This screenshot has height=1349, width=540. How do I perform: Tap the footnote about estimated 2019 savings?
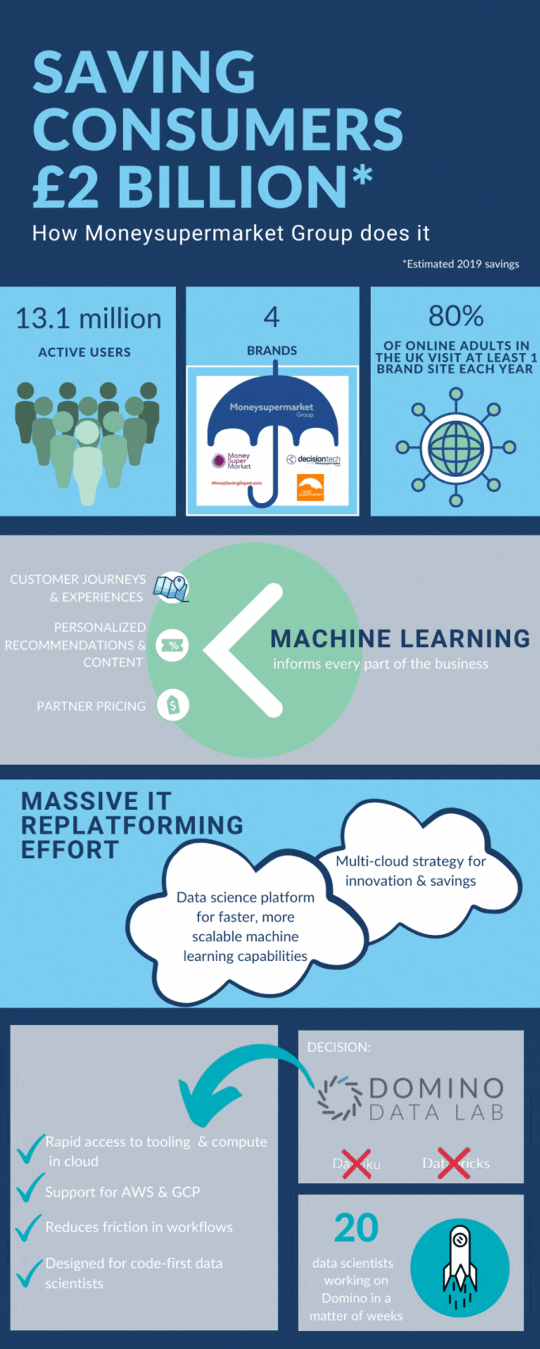(460, 264)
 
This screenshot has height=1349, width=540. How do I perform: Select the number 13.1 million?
(88, 319)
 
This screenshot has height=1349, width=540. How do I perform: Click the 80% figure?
(455, 316)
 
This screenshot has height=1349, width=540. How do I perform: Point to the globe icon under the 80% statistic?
(455, 447)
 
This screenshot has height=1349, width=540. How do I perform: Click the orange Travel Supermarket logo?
(310, 487)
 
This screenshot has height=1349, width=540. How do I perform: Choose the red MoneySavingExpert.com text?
(236, 483)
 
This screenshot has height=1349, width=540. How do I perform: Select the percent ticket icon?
(172, 645)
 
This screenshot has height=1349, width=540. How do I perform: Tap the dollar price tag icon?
(172, 706)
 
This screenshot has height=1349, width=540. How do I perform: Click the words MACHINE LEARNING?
(400, 639)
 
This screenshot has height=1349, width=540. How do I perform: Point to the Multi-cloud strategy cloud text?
(410, 871)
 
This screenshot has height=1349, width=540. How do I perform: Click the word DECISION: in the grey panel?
(339, 1047)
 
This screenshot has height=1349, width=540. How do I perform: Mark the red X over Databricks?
(454, 1163)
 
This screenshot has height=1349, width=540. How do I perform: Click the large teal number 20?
(356, 1228)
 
